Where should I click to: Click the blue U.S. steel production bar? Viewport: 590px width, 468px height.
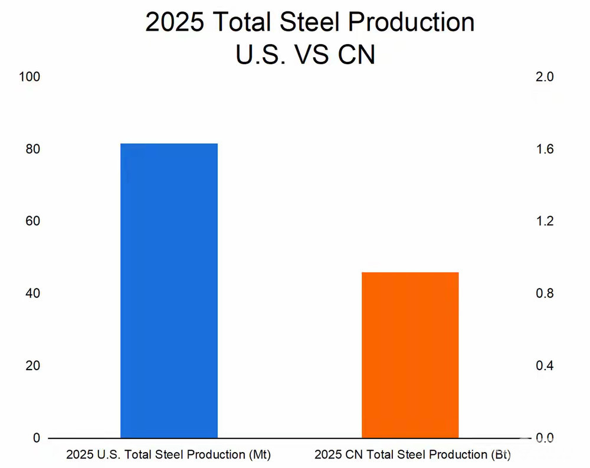pyautogui.click(x=169, y=291)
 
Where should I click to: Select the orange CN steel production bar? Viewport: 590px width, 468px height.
pyautogui.click(x=410, y=355)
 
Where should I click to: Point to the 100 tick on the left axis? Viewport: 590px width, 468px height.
pyautogui.click(x=30, y=77)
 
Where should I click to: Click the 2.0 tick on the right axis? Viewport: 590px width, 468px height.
pyautogui.click(x=545, y=77)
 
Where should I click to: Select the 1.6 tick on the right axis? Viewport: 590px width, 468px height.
pyautogui.click(x=545, y=149)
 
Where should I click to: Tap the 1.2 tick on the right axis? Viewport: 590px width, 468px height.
pyautogui.click(x=545, y=222)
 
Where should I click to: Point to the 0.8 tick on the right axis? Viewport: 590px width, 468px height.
pyautogui.click(x=545, y=294)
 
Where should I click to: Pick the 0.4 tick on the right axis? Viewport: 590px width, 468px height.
pyautogui.click(x=545, y=366)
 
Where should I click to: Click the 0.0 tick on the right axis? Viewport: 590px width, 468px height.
pyautogui.click(x=545, y=438)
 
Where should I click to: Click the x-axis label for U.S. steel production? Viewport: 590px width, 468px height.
pyautogui.click(x=168, y=455)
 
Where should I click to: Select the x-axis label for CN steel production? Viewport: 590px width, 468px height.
pyautogui.click(x=412, y=455)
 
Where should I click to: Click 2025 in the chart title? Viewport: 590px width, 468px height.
pyautogui.click(x=175, y=22)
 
